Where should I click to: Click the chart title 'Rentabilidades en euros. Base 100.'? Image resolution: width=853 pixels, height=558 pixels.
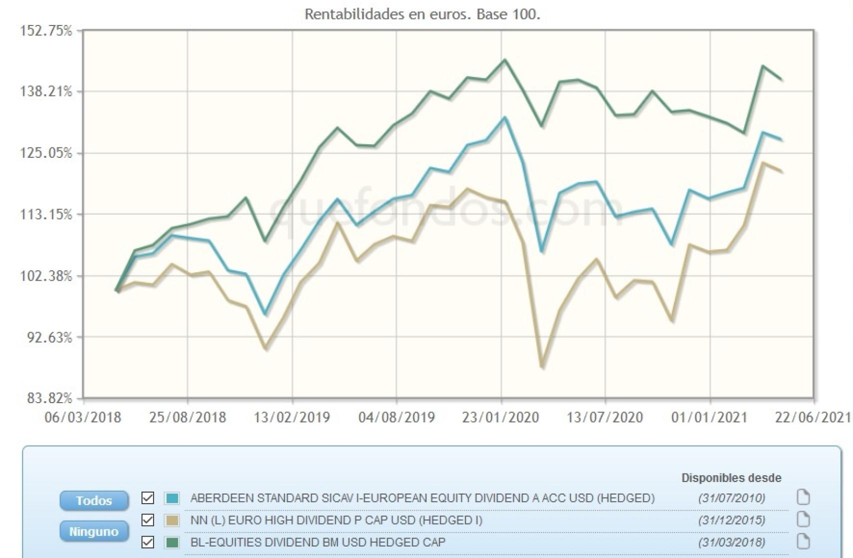coord(422,14)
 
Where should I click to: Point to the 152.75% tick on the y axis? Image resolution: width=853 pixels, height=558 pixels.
coord(45,31)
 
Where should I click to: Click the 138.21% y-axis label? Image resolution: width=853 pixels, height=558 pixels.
coord(45,91)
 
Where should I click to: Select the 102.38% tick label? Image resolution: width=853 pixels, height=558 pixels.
coord(45,276)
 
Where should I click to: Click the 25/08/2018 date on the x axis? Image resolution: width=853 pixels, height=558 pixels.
coord(187,417)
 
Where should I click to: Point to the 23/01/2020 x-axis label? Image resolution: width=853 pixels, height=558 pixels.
coord(500,417)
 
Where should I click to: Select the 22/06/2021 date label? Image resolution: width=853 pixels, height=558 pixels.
coord(813,417)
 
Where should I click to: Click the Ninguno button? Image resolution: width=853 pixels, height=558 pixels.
coord(94,532)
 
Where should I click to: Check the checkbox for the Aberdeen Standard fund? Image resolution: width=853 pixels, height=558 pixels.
coord(147,498)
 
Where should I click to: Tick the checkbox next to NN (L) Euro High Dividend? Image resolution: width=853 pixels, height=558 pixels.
coord(147,520)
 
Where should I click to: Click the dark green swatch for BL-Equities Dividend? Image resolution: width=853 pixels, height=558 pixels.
coord(172,542)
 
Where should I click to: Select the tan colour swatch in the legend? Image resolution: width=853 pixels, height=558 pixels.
coord(172,520)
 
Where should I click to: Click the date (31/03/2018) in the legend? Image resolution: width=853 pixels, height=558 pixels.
coord(731,542)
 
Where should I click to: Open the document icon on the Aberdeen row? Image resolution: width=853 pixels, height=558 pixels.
coord(802,498)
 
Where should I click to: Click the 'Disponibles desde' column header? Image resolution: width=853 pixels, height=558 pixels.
coord(731,478)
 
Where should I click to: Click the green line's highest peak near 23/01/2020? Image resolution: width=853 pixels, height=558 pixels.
coord(504,60)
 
